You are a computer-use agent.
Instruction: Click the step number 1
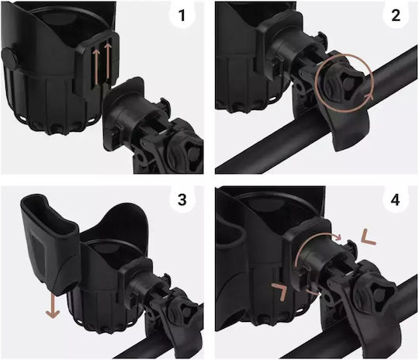coord(182,16)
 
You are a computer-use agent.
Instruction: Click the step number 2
coord(396,16)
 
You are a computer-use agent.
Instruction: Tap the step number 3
coord(182,199)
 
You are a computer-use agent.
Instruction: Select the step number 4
coord(395,199)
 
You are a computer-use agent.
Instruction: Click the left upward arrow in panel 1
coord(96,67)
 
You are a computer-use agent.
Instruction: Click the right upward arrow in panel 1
coord(108,61)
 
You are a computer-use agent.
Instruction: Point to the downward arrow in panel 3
coord(53,306)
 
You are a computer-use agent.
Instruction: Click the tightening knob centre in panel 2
coord(348,83)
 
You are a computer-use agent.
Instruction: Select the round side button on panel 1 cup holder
coord(9,59)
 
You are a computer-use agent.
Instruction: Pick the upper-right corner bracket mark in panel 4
coord(369,237)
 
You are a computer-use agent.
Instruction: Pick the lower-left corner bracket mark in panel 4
coord(279,292)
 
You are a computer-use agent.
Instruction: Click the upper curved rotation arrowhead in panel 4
coord(338,237)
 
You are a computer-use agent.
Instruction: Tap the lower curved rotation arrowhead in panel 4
coord(315,292)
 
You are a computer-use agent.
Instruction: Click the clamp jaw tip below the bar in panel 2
coord(341,146)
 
